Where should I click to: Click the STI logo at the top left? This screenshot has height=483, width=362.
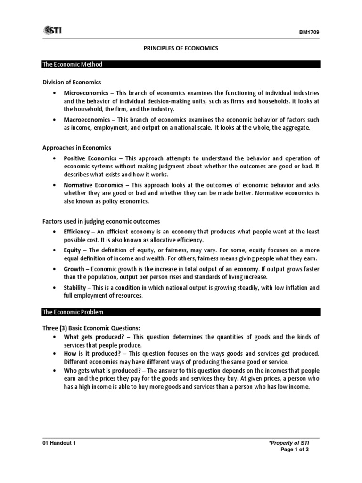(52, 31)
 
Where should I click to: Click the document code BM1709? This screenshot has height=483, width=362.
(309, 32)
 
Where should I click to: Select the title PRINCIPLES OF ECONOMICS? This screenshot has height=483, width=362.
(181, 49)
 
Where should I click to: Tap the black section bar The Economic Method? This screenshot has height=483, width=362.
(181, 64)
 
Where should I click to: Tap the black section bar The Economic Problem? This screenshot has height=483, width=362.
(181, 312)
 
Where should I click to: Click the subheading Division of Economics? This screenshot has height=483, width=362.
(72, 82)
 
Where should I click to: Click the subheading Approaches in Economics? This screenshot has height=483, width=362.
(77, 148)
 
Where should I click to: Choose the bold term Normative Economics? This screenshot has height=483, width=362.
(92, 185)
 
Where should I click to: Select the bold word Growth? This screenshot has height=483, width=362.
(74, 268)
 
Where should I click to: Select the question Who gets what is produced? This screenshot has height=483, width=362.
(101, 370)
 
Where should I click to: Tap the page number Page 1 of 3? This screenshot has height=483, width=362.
(295, 450)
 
